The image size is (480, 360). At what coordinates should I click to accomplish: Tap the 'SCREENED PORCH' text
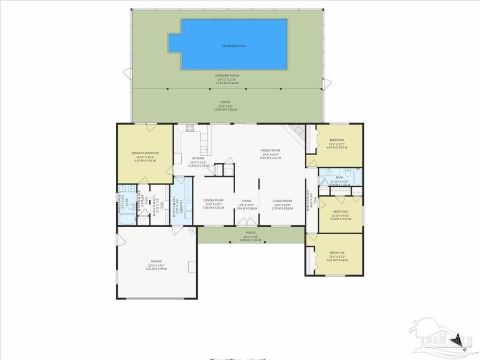tap(227, 76)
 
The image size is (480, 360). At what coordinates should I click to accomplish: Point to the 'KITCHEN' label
tap(198, 158)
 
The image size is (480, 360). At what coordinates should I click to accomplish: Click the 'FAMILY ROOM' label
tap(270, 150)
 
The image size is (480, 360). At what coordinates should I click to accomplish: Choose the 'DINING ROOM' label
tap(213, 201)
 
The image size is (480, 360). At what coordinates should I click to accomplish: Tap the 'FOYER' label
tap(246, 201)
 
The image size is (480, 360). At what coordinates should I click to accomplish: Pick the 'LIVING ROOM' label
tap(282, 201)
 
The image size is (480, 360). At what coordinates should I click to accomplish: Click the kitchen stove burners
tap(189, 128)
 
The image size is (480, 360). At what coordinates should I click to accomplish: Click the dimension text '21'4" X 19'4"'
tap(156, 265)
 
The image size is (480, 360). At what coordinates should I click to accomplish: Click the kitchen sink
tap(203, 147)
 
